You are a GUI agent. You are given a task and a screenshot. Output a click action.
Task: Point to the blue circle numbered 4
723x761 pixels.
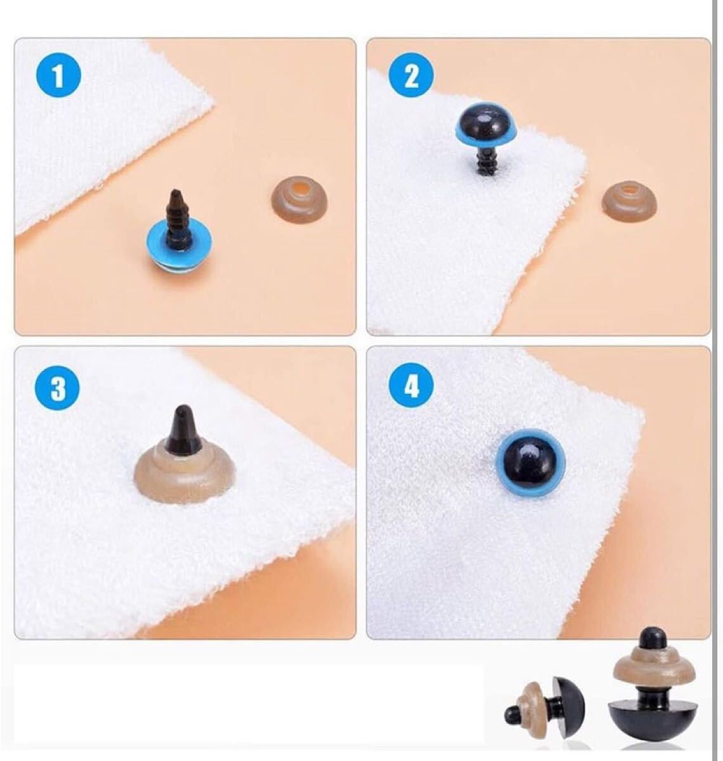[411, 387]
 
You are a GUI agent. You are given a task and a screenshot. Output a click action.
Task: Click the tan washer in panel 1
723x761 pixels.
[299, 203]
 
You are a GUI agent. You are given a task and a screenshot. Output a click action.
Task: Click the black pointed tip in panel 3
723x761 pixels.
[182, 429]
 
